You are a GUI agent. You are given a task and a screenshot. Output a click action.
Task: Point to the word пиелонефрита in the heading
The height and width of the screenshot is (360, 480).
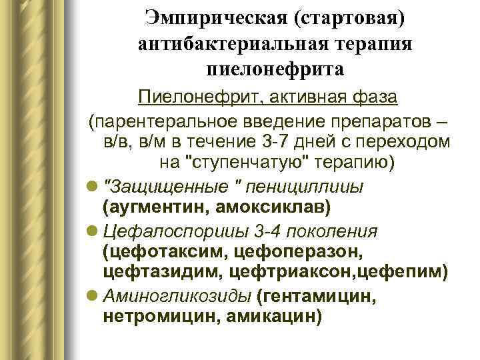coord(275,69)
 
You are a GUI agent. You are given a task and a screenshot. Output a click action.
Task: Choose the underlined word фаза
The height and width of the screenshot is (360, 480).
coord(371,97)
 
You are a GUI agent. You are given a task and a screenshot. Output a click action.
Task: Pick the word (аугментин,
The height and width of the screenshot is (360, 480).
coord(155,207)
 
